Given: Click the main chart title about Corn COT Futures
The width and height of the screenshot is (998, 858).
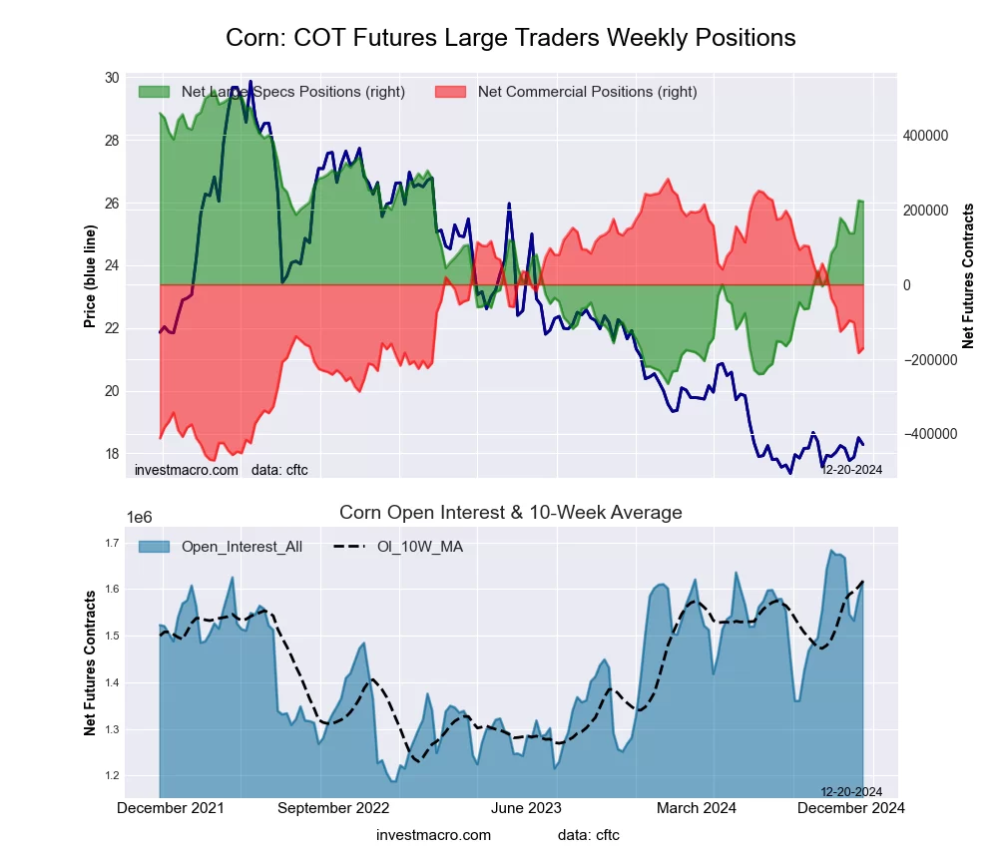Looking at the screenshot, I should coord(510,38).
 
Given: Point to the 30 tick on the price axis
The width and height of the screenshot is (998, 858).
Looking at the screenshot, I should coord(111,78).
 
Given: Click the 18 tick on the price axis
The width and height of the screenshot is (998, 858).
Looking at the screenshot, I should coord(111,453).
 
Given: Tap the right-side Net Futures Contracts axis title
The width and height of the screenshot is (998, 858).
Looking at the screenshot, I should coord(968,275).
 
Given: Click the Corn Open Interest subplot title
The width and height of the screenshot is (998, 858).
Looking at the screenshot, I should coord(510,513).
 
